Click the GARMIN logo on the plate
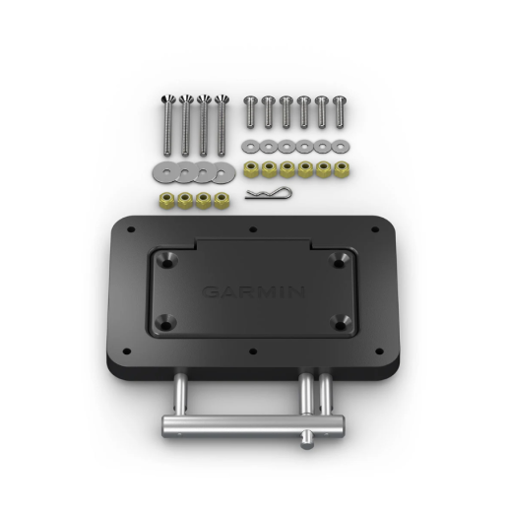[254, 292]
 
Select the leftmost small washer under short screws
[249, 147]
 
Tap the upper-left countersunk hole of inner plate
[169, 258]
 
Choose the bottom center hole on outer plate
[254, 352]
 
